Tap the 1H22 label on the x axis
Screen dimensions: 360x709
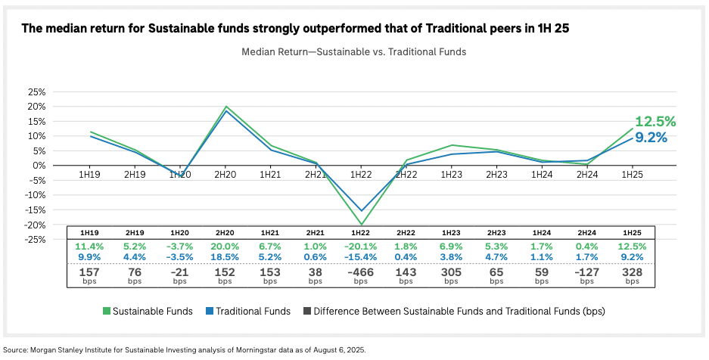coord(360,175)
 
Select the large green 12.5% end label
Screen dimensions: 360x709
coord(655,122)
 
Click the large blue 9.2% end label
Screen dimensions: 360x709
coord(650,138)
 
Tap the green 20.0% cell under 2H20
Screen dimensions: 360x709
coord(225,247)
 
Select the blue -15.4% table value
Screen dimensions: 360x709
coord(360,258)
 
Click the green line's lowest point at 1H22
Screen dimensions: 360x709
coord(360,225)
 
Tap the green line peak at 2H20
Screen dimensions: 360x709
coord(225,107)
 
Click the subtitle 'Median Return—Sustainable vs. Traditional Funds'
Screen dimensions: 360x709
coord(353,52)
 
